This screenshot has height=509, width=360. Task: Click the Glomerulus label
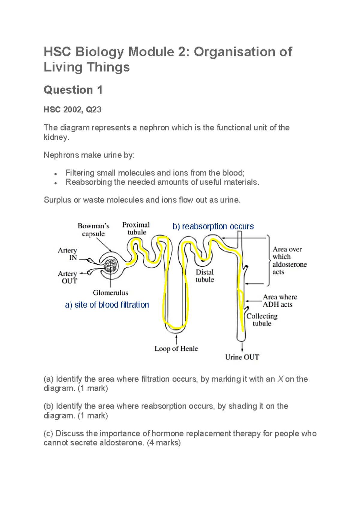coord(110,292)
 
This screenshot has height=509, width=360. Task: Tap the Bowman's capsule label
coord(93,230)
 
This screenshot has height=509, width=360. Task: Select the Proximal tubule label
coord(136,229)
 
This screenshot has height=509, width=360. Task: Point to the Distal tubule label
coord(205,276)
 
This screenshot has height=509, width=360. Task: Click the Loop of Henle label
coord(176,349)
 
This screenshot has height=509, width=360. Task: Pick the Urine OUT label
coord(242,357)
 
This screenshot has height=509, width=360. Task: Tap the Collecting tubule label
coord(262,320)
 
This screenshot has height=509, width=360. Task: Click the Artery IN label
coord(68,254)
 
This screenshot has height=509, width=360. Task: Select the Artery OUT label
coord(68,277)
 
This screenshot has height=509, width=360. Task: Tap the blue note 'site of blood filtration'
coord(111,305)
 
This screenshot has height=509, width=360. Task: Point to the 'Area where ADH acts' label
coord(280,301)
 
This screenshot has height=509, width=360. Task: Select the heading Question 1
coord(73,90)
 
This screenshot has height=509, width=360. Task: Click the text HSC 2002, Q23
coord(72,109)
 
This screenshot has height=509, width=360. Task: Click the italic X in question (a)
coord(280,379)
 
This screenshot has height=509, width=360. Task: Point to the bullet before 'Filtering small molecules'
coord(56,174)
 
